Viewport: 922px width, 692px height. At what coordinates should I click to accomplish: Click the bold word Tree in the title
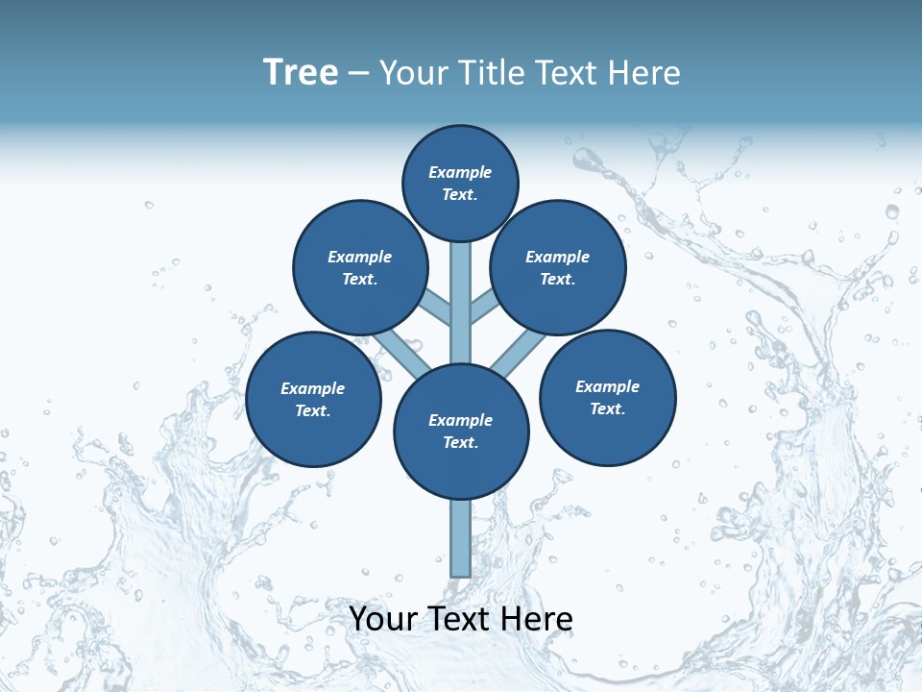pyautogui.click(x=301, y=72)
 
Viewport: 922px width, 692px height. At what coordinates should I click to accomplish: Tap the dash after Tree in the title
pyautogui.click(x=358, y=73)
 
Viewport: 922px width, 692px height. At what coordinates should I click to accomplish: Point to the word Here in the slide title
pyautogui.click(x=644, y=72)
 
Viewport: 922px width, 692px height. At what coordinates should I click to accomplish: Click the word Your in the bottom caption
pyautogui.click(x=382, y=619)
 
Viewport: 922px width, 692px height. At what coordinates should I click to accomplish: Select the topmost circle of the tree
pyautogui.click(x=460, y=184)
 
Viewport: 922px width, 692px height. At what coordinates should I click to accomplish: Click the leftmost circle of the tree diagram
pyautogui.click(x=313, y=400)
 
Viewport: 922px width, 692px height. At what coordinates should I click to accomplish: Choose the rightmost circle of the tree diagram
pyautogui.click(x=608, y=398)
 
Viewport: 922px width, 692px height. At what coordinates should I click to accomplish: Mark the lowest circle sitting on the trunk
pyautogui.click(x=461, y=432)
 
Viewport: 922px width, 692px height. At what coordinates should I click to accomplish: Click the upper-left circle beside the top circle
pyautogui.click(x=360, y=268)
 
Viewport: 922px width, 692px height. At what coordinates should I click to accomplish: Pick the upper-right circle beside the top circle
pyautogui.click(x=558, y=268)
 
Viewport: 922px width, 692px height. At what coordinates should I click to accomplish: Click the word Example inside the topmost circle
pyautogui.click(x=460, y=172)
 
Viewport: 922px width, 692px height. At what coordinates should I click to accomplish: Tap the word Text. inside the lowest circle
pyautogui.click(x=461, y=443)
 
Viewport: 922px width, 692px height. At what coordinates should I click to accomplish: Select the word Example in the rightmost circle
pyautogui.click(x=607, y=386)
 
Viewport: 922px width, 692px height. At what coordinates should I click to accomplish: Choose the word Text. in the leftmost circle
pyautogui.click(x=313, y=411)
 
